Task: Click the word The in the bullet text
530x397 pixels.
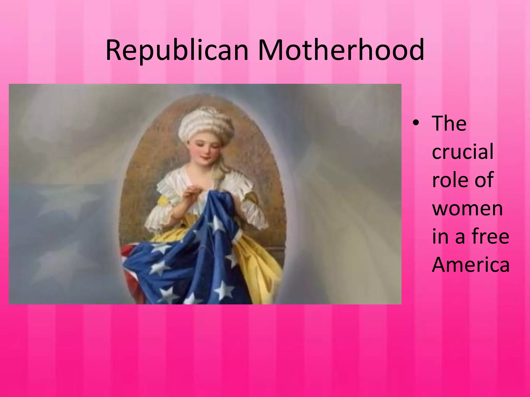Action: (x=449, y=124)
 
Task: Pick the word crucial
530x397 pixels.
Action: (x=463, y=152)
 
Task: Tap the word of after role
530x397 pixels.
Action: (x=483, y=180)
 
